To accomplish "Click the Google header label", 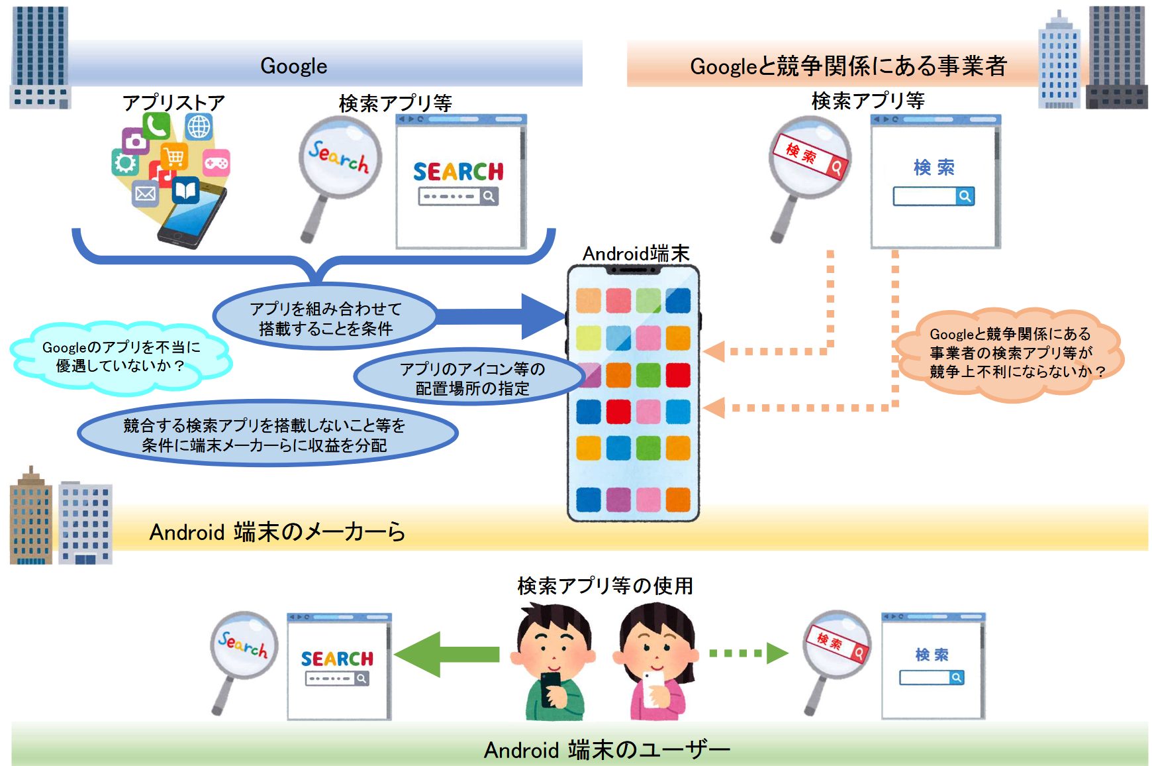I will point(293,66).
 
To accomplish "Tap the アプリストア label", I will point(173,103).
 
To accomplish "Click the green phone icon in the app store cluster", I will point(156,126).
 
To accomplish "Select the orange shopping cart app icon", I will point(174,157).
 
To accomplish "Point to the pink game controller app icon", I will point(216,162).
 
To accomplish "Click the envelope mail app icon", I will point(145,193).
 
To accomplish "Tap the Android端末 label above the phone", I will point(636,253).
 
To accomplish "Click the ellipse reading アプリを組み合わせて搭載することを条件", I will point(325,318).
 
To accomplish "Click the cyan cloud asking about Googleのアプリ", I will point(120,356).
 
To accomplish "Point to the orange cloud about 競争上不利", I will point(1010,353).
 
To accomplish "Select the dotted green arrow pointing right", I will point(749,653).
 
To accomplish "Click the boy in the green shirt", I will point(553,663).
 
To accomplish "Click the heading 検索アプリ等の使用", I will point(605,586).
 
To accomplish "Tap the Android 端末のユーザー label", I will point(606,749).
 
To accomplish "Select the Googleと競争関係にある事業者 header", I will point(848,66).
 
